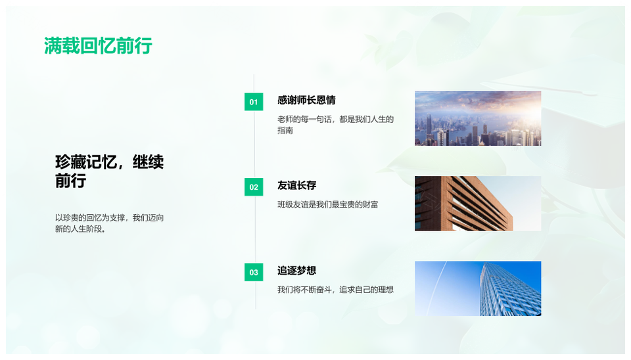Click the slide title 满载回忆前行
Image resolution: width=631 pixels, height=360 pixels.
click(x=98, y=46)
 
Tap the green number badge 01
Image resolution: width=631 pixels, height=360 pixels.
click(x=254, y=102)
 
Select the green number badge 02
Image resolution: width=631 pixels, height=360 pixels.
click(x=254, y=187)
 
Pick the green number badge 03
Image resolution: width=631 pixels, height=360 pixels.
click(x=254, y=273)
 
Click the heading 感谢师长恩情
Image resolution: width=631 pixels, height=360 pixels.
click(x=306, y=100)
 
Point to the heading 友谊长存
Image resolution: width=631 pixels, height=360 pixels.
click(x=296, y=185)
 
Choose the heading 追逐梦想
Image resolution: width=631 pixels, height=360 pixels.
click(x=296, y=270)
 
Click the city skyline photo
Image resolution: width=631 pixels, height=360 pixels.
click(x=478, y=118)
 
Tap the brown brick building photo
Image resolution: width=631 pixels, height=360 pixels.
click(x=478, y=204)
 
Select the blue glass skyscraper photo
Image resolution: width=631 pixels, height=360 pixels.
click(x=478, y=288)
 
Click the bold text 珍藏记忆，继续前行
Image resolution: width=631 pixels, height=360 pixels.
click(x=110, y=171)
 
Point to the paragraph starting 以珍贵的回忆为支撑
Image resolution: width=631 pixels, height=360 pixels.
click(x=110, y=223)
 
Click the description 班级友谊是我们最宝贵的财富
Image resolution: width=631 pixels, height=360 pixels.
click(x=327, y=204)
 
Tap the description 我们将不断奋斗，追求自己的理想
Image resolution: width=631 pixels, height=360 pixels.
click(x=335, y=290)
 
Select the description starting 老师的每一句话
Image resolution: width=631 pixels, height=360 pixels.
click(x=335, y=125)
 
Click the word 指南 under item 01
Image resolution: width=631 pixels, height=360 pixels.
click(x=285, y=130)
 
